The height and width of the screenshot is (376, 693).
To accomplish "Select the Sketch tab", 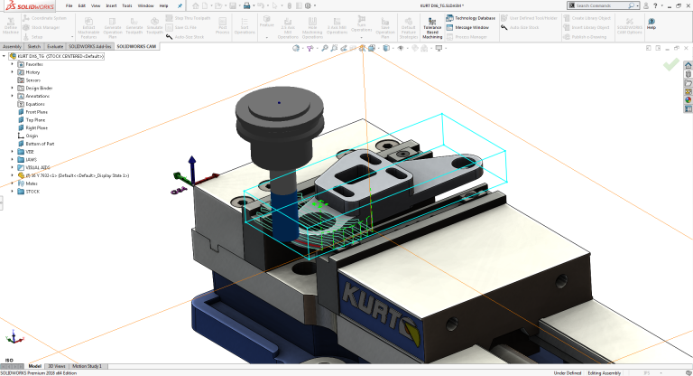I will click(x=33, y=45).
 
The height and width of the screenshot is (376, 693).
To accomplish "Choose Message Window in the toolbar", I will click(x=467, y=27).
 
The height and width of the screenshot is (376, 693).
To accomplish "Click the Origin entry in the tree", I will click(x=32, y=136).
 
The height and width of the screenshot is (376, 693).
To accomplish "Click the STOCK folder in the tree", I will click(x=32, y=191).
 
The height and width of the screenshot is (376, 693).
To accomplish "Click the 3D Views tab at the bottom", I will click(x=56, y=366).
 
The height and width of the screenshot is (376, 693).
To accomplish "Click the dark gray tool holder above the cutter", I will click(x=279, y=117).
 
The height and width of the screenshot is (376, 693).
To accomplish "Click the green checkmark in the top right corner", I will click(x=670, y=65).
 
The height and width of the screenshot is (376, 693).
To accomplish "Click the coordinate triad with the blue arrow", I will click(x=191, y=172).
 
